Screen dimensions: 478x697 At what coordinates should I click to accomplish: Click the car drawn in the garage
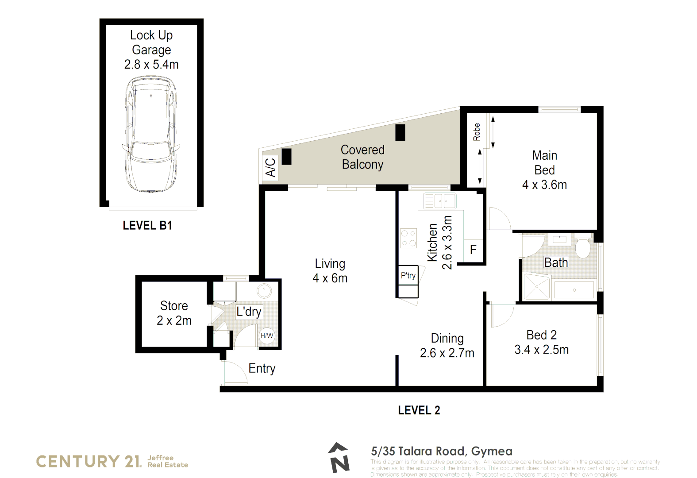tap(151, 134)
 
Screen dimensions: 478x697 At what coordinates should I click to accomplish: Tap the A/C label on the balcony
tap(270, 168)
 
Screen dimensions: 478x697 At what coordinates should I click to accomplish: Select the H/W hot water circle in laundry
tap(267, 336)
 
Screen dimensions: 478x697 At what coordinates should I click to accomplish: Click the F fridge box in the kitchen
tap(473, 250)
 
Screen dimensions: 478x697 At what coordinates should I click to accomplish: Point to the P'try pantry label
tap(408, 276)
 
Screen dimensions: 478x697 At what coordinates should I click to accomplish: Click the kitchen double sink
tap(439, 201)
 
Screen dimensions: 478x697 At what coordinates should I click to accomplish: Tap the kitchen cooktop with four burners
tap(408, 238)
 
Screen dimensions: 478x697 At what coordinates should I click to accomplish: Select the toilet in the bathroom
tap(583, 247)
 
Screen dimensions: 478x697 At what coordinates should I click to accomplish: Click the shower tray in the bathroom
tap(536, 287)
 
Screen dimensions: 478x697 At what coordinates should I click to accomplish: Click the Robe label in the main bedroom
tap(477, 132)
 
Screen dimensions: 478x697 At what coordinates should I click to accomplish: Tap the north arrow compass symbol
tap(339, 458)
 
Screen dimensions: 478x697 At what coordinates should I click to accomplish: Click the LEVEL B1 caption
tap(147, 226)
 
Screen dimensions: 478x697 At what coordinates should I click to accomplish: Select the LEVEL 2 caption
tap(419, 410)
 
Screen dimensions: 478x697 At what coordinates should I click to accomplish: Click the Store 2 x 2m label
tap(174, 313)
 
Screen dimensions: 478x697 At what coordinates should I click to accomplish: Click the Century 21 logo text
tap(88, 461)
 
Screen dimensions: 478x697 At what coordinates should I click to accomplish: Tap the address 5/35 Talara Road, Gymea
tap(441, 451)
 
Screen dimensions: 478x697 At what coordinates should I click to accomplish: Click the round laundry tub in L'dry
tap(264, 291)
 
